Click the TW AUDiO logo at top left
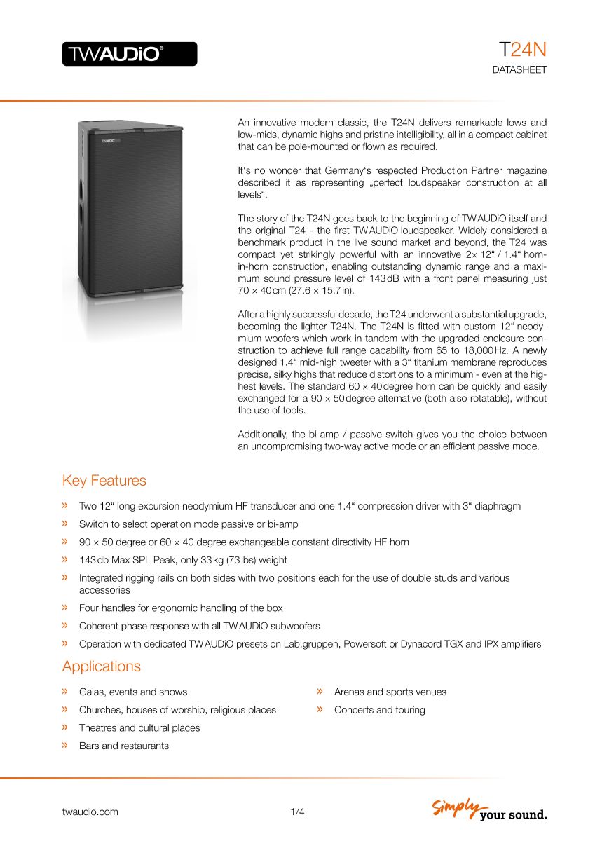coord(130,54)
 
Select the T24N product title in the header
coord(522,50)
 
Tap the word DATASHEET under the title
coord(519,70)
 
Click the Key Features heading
coord(104,481)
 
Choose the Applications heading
coord(102,666)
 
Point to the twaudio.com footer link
coord(90,812)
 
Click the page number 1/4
coord(297,812)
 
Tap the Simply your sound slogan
coord(489,809)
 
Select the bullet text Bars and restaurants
coord(124,746)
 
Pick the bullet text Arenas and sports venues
coord(390,692)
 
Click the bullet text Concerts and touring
coord(380,710)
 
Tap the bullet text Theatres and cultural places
coord(139,728)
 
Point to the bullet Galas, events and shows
coord(133,692)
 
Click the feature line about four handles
coord(181,608)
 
